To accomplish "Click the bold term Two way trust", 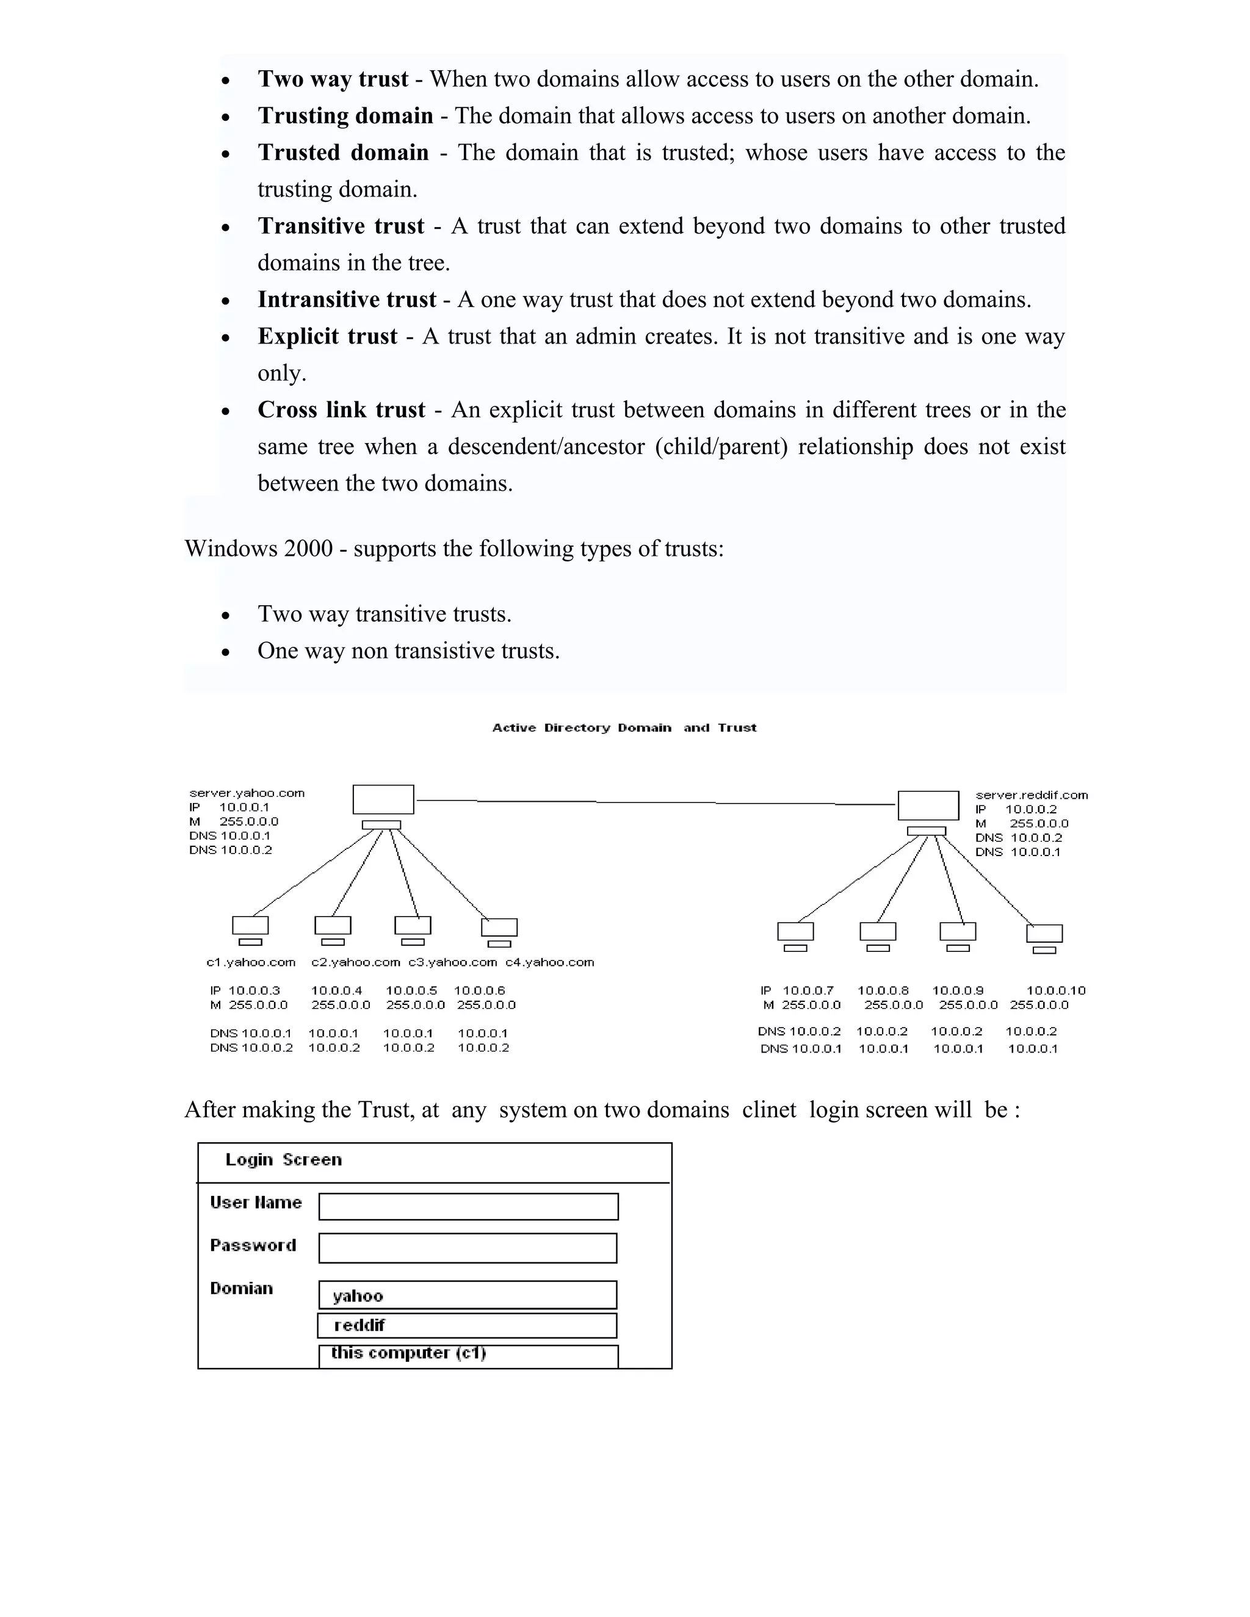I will (x=333, y=79).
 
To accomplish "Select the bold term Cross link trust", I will (x=341, y=410).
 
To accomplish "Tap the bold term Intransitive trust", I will (x=347, y=300).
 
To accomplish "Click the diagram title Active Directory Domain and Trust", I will (x=624, y=728).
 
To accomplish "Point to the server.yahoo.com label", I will (x=247, y=793).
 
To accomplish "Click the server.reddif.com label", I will (x=1031, y=795).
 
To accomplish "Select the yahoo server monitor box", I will (x=383, y=799).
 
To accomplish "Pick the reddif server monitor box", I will (x=928, y=805).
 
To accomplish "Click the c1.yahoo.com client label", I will (x=250, y=962).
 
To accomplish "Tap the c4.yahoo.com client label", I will (x=549, y=962).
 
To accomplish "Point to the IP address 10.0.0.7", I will (x=808, y=990).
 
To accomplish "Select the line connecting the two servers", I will (x=656, y=802).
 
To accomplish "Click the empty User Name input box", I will (x=468, y=1206).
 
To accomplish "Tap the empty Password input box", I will (x=468, y=1248).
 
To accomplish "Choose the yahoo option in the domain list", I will (x=468, y=1295).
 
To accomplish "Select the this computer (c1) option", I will (x=468, y=1353).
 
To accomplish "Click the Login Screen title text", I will (x=284, y=1159).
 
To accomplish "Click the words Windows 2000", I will (x=258, y=549).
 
